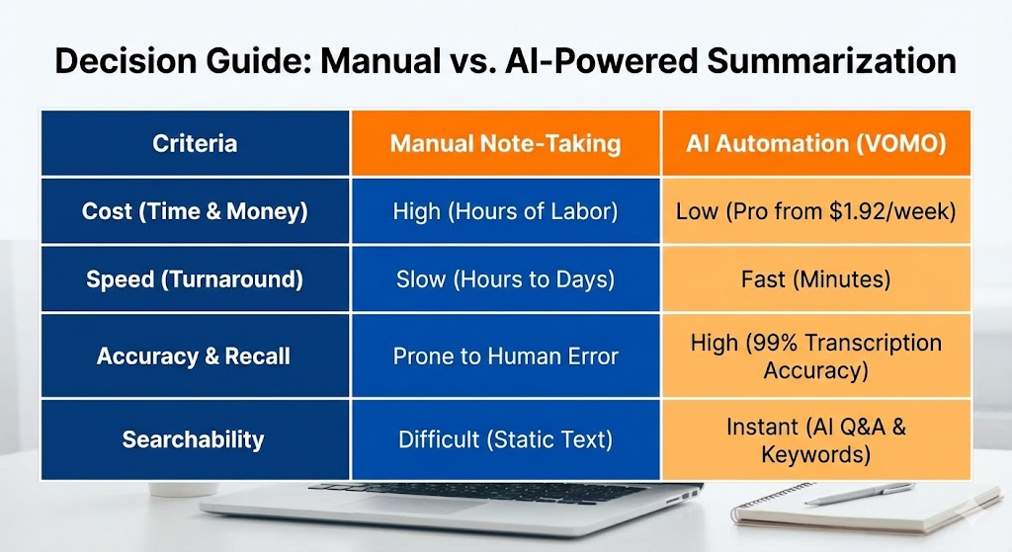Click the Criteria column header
195,143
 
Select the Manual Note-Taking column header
505,143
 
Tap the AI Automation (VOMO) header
815,143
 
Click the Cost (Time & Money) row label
195,211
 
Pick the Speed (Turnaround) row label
195,279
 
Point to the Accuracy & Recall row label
195,355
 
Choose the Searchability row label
195,438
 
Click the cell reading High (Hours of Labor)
505,211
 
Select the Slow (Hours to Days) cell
505,279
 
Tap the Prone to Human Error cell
505,355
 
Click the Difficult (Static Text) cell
505,438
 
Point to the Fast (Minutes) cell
815,279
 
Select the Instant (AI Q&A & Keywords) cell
815,440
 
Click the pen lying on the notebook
860,493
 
